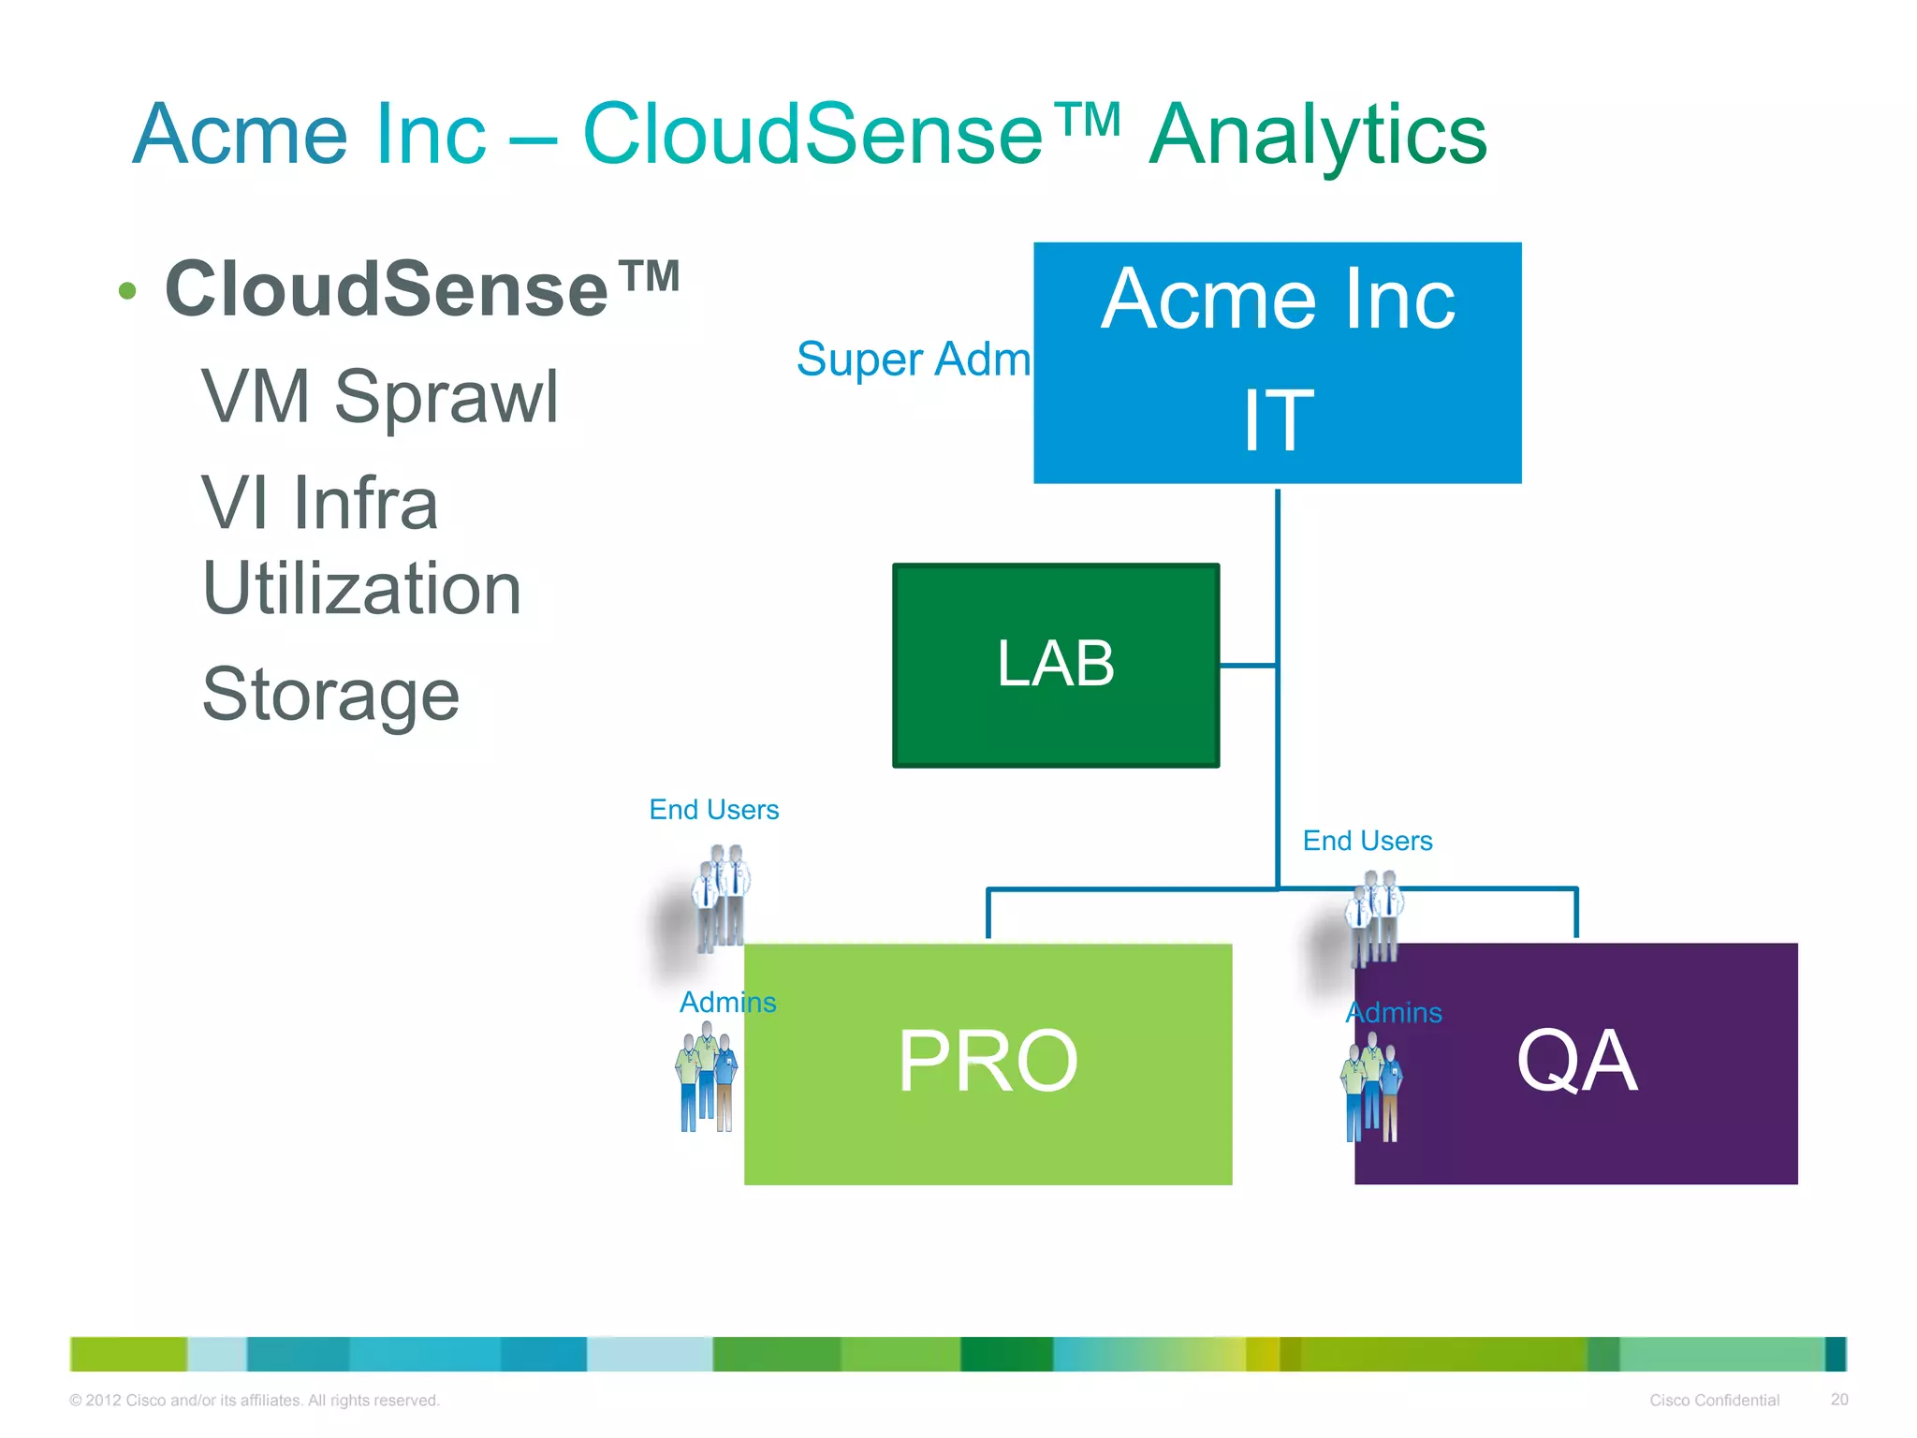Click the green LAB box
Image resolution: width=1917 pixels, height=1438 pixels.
(x=1055, y=665)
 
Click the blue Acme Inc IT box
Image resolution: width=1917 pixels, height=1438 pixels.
(x=1277, y=362)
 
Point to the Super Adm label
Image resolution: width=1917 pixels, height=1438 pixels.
(x=913, y=359)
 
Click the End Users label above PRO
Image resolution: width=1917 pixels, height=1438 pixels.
(x=713, y=810)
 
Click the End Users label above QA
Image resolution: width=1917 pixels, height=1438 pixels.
(x=1367, y=841)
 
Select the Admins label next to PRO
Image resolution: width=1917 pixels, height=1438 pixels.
(x=727, y=1003)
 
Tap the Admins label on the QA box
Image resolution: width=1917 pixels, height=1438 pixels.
(x=1393, y=1013)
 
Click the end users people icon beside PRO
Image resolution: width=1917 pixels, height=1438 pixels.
(x=721, y=897)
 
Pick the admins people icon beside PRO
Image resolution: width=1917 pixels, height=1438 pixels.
(x=707, y=1077)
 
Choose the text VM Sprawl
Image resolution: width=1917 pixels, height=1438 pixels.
(x=379, y=397)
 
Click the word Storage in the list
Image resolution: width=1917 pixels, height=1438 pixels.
(x=330, y=695)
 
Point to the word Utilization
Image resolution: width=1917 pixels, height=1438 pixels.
(x=361, y=589)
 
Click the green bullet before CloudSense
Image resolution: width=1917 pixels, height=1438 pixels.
(x=128, y=291)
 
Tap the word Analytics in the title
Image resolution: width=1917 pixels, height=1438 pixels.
(x=1317, y=135)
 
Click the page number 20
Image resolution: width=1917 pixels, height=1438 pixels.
(x=1838, y=1399)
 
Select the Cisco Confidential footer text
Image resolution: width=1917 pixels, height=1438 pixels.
(x=1713, y=1400)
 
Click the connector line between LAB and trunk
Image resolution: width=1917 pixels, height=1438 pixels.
(x=1248, y=666)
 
